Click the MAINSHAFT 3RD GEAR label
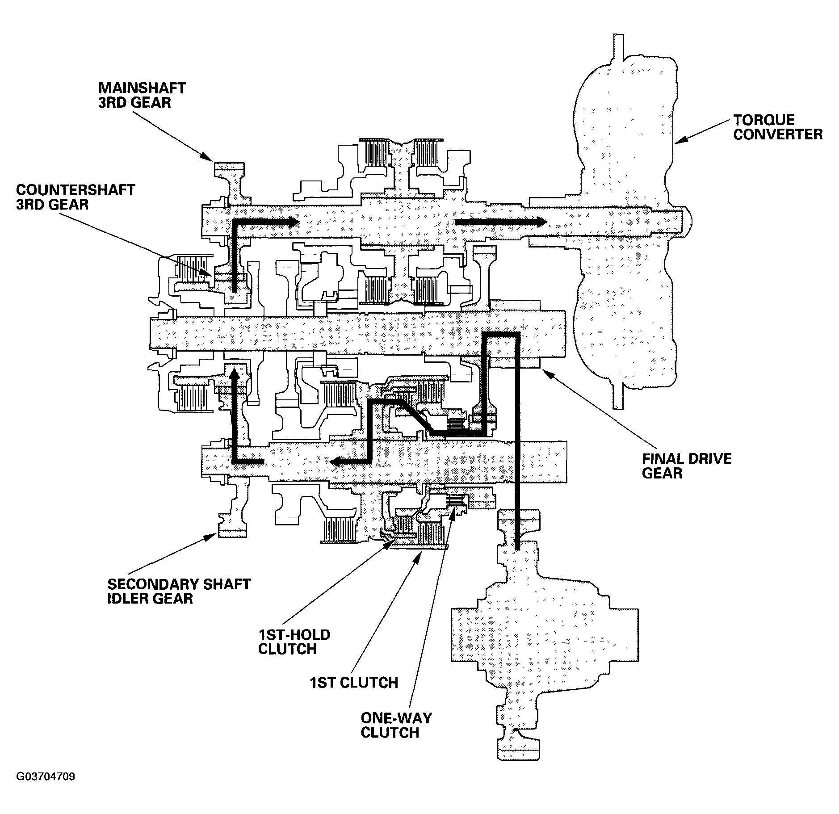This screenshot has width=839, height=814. [142, 95]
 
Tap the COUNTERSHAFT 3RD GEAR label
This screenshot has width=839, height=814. [76, 197]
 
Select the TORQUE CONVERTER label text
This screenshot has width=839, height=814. [778, 127]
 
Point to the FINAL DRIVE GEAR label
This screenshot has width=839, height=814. [687, 466]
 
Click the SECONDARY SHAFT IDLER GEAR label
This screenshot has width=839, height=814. [179, 591]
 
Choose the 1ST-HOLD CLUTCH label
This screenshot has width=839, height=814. [294, 642]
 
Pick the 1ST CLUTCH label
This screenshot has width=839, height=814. [354, 683]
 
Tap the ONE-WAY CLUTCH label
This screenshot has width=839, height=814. [396, 726]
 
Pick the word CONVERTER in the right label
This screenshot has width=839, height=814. [778, 134]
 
